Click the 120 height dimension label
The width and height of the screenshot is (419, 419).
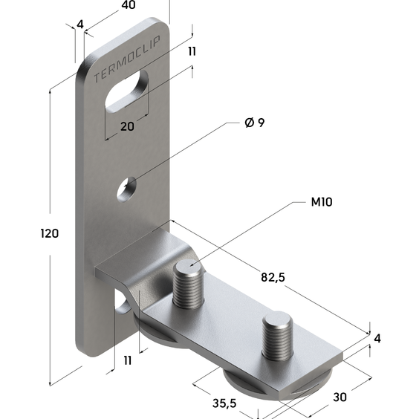pyautogui.click(x=50, y=233)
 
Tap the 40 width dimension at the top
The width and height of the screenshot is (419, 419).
pyautogui.click(x=129, y=5)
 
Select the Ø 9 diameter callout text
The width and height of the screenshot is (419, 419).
pyautogui.click(x=255, y=123)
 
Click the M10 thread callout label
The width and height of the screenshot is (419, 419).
pyautogui.click(x=322, y=202)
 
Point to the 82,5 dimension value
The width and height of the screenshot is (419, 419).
pyautogui.click(x=273, y=277)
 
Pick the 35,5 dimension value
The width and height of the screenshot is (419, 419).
pyautogui.click(x=224, y=403)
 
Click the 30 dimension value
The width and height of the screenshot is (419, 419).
pyautogui.click(x=340, y=397)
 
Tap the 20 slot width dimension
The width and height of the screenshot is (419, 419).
pyautogui.click(x=127, y=126)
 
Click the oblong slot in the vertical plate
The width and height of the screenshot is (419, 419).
pyautogui.click(x=127, y=91)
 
